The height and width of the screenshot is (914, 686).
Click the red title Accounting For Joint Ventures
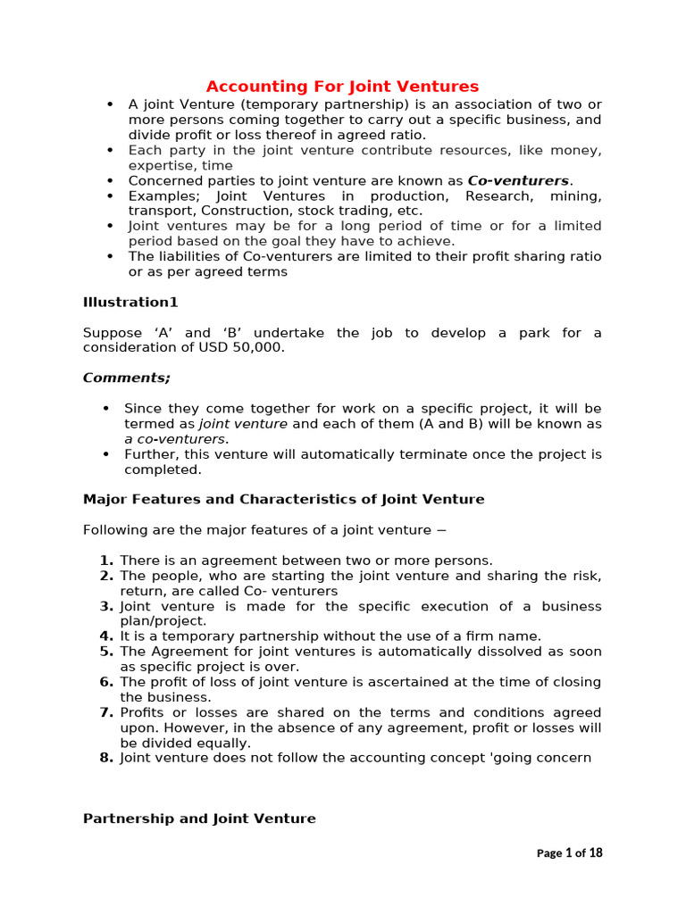pos(342,87)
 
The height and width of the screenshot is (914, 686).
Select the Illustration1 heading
pos(130,303)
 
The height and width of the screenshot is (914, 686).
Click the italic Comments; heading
pos(126,378)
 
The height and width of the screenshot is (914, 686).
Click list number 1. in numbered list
pos(106,561)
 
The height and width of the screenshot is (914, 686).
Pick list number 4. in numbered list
pos(106,636)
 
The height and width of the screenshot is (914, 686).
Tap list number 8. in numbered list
pos(106,758)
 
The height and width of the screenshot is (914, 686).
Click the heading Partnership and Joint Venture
pos(199,818)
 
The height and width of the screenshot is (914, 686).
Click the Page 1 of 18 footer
pos(569,853)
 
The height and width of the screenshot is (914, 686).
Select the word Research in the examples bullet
pos(495,195)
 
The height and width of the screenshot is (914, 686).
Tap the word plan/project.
pos(163,621)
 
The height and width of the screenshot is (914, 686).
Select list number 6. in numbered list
pos(106,682)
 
